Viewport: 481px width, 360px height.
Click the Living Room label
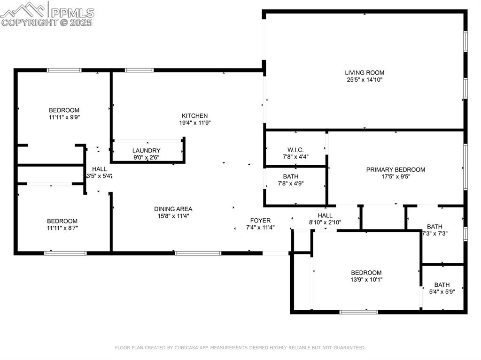coord(365,73)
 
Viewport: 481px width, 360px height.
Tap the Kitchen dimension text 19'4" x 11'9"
coord(195,123)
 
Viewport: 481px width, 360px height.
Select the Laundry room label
coord(146,151)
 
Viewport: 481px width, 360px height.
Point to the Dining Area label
coord(173,209)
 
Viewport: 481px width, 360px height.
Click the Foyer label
coord(260,220)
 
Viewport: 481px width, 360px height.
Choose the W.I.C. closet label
coord(295,150)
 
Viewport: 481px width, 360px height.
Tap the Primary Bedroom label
coord(396,169)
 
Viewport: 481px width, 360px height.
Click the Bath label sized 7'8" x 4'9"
coord(290,176)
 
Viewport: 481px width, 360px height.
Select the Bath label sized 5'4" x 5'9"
coord(442,284)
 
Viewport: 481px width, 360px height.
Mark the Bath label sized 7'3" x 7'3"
coord(434,226)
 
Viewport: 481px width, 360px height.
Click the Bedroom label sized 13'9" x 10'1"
coord(366,273)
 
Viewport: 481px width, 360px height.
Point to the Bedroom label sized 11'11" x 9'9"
coord(64,110)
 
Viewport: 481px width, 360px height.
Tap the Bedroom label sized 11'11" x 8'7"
coord(62,221)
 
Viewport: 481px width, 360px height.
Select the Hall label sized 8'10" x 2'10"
coord(325,215)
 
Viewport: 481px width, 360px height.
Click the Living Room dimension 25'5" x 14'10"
coord(365,80)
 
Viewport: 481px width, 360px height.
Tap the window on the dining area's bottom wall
coord(198,253)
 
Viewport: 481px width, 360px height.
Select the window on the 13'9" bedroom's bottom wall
coord(358,312)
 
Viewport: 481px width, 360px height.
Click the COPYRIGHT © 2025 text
coord(47,22)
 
